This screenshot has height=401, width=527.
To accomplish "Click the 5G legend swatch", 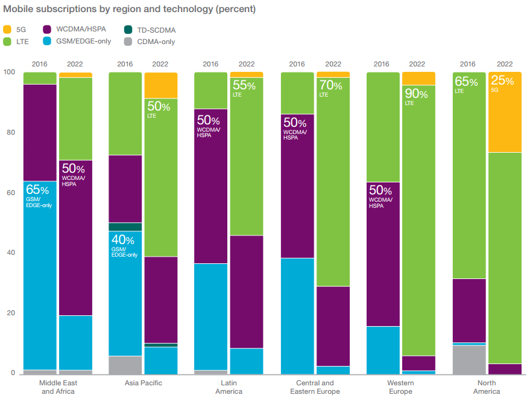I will pyautogui.click(x=7, y=29).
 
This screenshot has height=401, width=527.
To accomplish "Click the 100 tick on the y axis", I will pyautogui.click(x=8, y=72).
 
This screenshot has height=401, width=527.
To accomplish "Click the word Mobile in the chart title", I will pyautogui.click(x=18, y=10).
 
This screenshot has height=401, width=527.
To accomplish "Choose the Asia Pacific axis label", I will pyautogui.click(x=143, y=383).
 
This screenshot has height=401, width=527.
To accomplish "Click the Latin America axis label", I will pyautogui.click(x=229, y=387).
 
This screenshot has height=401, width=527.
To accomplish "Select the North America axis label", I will pyautogui.click(x=486, y=387).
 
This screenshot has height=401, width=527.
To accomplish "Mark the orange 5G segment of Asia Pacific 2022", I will pyautogui.click(x=160, y=85).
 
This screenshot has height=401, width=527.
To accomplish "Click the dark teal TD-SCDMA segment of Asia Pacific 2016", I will pyautogui.click(x=125, y=227).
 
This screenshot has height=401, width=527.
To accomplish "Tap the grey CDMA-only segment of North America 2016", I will pyautogui.click(x=469, y=359).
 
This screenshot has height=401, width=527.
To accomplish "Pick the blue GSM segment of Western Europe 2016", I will pyautogui.click(x=382, y=350).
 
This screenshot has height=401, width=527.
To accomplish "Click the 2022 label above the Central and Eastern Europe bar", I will pyautogui.click(x=333, y=64).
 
